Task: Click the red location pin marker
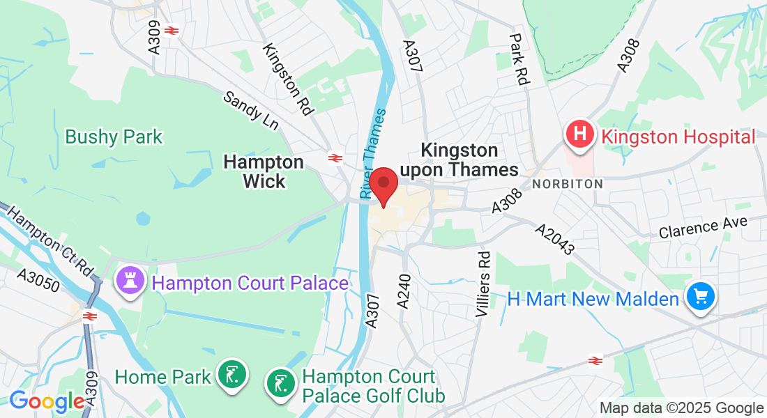coord(383,185)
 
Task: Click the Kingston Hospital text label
coord(678,137)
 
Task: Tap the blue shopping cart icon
coord(700,298)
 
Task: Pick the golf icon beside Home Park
coord(231,376)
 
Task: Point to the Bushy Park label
coord(114,137)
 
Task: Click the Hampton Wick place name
coord(264,171)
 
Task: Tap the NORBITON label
coord(567,184)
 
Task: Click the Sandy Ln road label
coord(251,110)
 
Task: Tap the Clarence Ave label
coord(703,227)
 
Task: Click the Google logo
coord(46,402)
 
